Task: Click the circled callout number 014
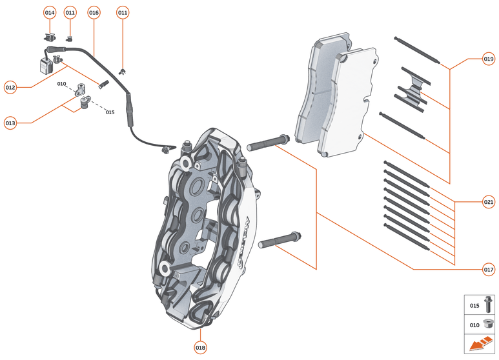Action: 50,12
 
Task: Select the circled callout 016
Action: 94,12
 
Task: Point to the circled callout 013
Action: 10,122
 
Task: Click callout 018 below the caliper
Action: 200,347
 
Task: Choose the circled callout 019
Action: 488,59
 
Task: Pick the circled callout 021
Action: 488,202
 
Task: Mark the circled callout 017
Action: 488,269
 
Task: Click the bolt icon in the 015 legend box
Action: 487,304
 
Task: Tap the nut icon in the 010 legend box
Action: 487,325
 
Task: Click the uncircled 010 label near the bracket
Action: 62,84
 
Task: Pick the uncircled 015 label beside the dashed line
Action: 110,112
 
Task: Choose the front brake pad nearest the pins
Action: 349,103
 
